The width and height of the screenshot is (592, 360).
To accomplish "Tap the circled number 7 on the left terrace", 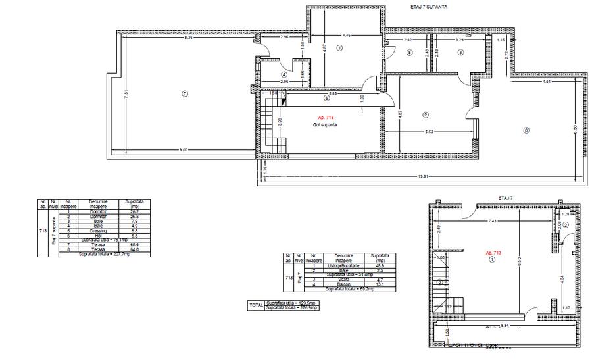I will click(185, 94).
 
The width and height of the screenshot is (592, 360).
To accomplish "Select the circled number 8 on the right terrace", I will click(526, 130).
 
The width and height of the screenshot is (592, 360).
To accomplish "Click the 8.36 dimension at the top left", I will click(189, 38).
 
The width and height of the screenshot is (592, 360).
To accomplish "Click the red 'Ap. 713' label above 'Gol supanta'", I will click(326, 117).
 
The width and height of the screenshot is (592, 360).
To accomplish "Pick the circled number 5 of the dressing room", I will click(409, 53).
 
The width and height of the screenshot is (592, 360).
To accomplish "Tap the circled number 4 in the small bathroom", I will click(284, 74).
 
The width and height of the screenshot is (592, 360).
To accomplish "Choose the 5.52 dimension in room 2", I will click(429, 132).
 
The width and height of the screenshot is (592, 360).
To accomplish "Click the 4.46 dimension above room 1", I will click(346, 34).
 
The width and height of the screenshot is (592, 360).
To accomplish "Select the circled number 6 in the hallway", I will click(326, 99).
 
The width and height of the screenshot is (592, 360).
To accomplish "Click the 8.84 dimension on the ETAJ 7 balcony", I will click(503, 325).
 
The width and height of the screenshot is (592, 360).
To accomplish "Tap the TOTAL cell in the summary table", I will click(255, 305).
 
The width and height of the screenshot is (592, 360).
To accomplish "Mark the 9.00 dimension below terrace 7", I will click(184, 150).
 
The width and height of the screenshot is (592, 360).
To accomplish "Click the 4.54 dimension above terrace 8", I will click(546, 82).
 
